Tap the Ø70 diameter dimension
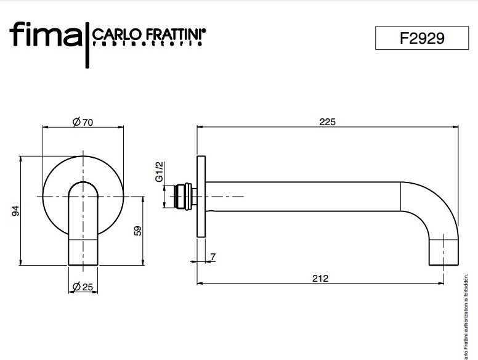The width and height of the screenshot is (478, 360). pyautogui.click(x=82, y=123)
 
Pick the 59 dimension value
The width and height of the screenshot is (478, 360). pyautogui.click(x=138, y=231)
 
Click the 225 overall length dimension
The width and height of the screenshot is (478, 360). pyautogui.click(x=327, y=122)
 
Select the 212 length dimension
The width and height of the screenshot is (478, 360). pyautogui.click(x=320, y=278)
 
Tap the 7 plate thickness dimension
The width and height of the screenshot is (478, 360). pyautogui.click(x=213, y=256)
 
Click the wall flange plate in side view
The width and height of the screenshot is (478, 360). pyautogui.click(x=200, y=197)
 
